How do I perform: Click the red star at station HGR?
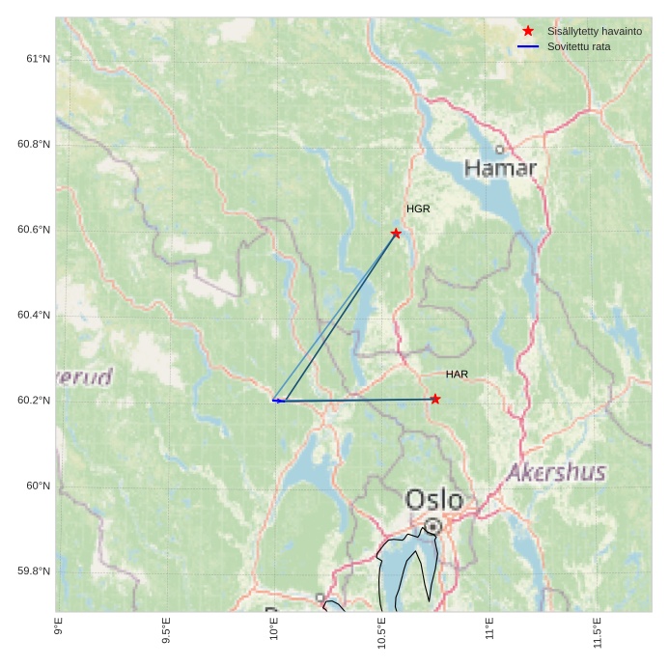coord(396,234)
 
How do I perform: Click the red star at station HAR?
coord(435,399)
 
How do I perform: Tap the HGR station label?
coord(418,208)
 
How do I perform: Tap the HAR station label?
coord(457,374)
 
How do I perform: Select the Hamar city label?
coord(500,169)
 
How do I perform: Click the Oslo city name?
coord(434,500)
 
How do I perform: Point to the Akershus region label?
coord(556,473)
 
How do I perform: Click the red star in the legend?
coord(528,31)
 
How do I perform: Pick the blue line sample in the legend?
coord(528,46)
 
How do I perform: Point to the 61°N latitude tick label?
coord(38,59)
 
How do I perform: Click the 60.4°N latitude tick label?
coord(34,316)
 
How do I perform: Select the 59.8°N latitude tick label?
coord(34,571)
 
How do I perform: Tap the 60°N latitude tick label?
coord(38,486)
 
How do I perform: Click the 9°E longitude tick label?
coord(59,626)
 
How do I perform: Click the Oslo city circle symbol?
coord(433,526)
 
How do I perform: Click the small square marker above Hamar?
coord(499,150)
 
